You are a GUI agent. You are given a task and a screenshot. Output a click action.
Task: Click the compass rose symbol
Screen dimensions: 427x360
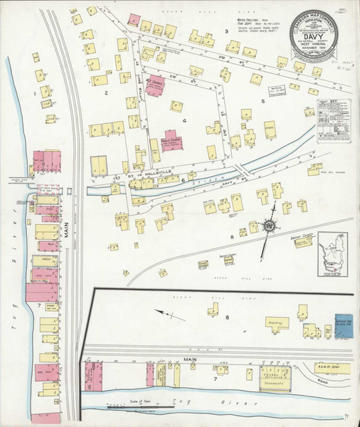(x=270, y=226)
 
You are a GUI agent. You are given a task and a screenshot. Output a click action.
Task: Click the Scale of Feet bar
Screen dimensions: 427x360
(x=135, y=408)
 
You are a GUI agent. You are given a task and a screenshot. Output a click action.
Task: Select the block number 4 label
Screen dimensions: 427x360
(x=184, y=121)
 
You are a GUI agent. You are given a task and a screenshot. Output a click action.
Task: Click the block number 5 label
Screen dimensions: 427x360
(x=263, y=102)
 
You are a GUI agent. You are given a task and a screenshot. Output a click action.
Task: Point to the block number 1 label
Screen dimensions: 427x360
(x=33, y=93)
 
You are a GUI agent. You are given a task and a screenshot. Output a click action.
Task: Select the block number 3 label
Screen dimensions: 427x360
(x=226, y=31)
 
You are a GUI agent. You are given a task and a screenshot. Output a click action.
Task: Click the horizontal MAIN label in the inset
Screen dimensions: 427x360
(x=191, y=359)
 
